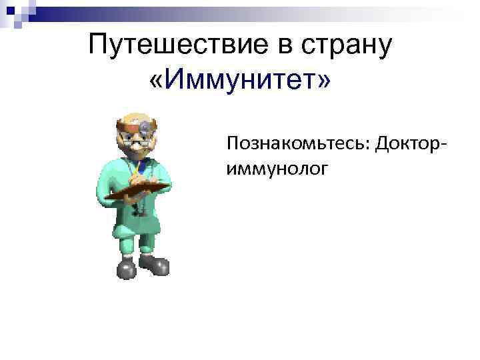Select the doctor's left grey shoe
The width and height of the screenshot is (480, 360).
click(126, 269)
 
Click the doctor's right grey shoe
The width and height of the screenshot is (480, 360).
click(156, 265)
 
